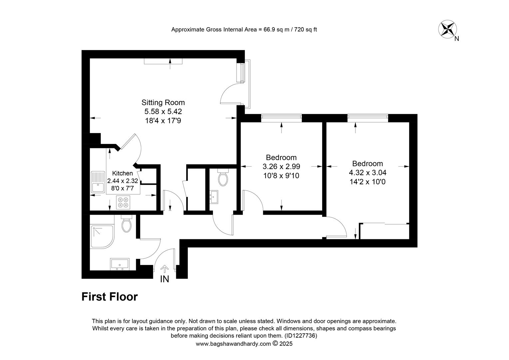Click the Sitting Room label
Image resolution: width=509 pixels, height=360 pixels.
click(x=163, y=103)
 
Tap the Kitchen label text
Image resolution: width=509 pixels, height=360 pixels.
click(x=123, y=173)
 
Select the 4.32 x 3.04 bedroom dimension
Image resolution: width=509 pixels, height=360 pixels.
click(x=367, y=173)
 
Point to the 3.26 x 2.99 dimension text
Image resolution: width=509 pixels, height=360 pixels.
click(x=281, y=166)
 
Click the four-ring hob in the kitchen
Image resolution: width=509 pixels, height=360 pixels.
click(x=123, y=202)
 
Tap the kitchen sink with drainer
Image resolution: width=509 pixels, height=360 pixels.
click(x=98, y=182)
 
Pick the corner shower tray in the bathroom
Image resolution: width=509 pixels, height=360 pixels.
click(x=102, y=237)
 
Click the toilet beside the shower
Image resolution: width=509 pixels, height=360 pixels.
click(x=127, y=224)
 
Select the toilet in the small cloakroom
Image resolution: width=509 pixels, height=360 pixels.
click(x=223, y=177)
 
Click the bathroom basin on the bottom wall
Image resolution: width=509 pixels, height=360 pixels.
click(x=120, y=264)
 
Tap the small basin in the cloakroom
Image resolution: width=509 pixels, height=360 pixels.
click(x=214, y=197)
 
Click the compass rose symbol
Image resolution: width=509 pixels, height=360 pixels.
click(x=447, y=29)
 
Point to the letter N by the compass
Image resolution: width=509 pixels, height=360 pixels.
click(x=457, y=39)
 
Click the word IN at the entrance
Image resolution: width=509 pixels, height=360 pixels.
click(x=165, y=279)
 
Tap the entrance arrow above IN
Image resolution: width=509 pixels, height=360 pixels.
click(x=165, y=269)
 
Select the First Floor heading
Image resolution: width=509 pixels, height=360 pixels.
click(x=110, y=297)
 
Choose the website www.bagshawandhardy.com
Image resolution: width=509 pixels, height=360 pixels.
click(x=234, y=344)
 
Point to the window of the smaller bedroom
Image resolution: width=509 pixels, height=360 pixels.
click(x=281, y=117)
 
